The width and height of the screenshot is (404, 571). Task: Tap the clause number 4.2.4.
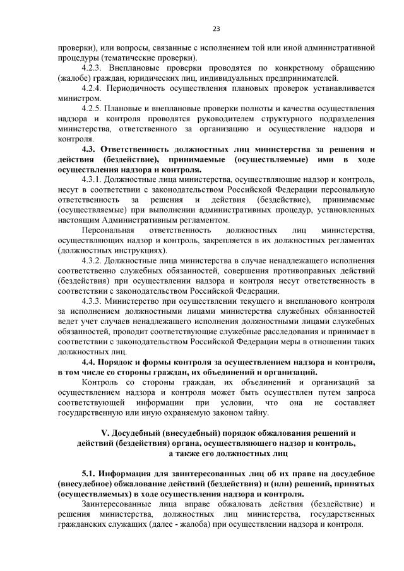[93, 87]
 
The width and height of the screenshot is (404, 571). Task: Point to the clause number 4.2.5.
[93, 108]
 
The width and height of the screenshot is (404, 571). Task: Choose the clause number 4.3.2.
[93, 260]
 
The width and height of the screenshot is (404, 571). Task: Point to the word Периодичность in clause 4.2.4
[140, 87]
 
